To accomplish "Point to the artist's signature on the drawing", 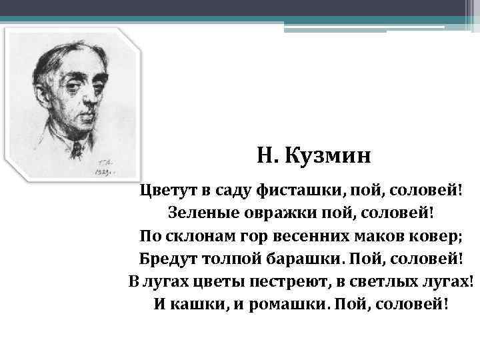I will click(106, 165).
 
